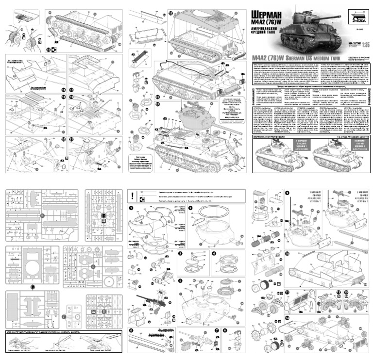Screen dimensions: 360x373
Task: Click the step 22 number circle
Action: (x=171, y=13)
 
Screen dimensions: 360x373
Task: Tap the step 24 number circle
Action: (x=171, y=103)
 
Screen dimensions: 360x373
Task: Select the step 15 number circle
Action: (x=48, y=49)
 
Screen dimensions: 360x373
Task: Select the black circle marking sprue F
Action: (x=32, y=287)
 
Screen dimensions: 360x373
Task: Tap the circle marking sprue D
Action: (x=103, y=311)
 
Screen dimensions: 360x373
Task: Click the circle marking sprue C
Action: (x=92, y=267)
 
